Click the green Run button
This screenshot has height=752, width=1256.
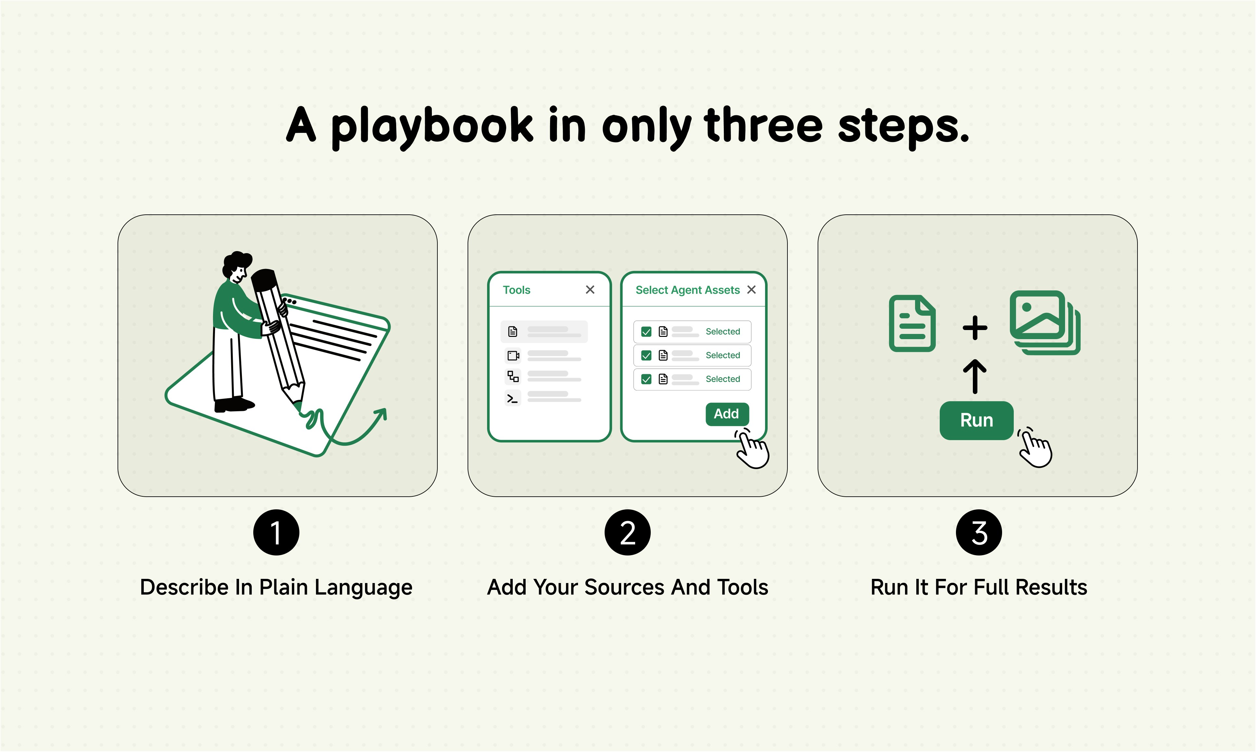pos(976,421)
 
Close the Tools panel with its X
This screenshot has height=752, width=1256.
pos(590,289)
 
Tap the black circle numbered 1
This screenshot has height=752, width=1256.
pos(276,533)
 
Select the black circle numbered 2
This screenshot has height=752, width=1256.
pos(627,533)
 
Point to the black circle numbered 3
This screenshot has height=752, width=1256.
pos(978,533)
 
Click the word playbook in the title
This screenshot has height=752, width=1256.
pos(432,127)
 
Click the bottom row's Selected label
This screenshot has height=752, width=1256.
pos(723,379)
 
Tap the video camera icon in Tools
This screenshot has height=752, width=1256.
pos(513,356)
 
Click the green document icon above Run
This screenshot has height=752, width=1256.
pos(912,323)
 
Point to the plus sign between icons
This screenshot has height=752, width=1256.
pos(975,327)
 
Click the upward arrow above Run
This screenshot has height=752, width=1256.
pos(974,376)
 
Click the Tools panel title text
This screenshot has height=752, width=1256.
pos(516,290)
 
